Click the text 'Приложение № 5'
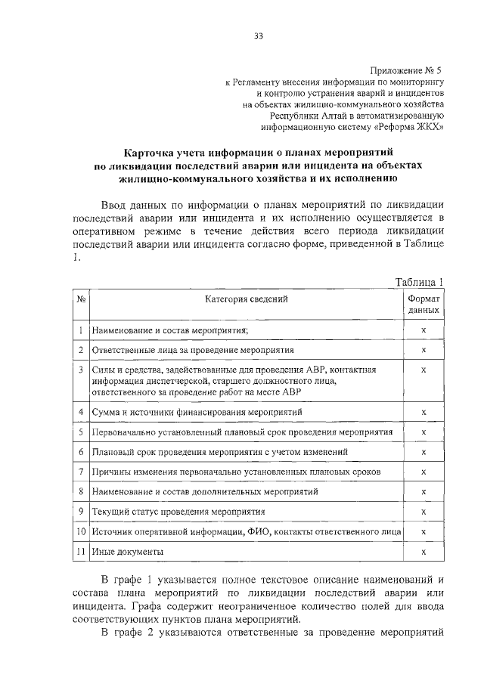(404, 69)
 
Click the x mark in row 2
(423, 351)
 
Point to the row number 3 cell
(80, 370)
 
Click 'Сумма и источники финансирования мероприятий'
(197, 412)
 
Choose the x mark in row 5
(423, 432)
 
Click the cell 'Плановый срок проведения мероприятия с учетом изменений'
(219, 452)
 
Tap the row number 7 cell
(80, 472)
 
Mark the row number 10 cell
(80, 532)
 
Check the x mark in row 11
(423, 552)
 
